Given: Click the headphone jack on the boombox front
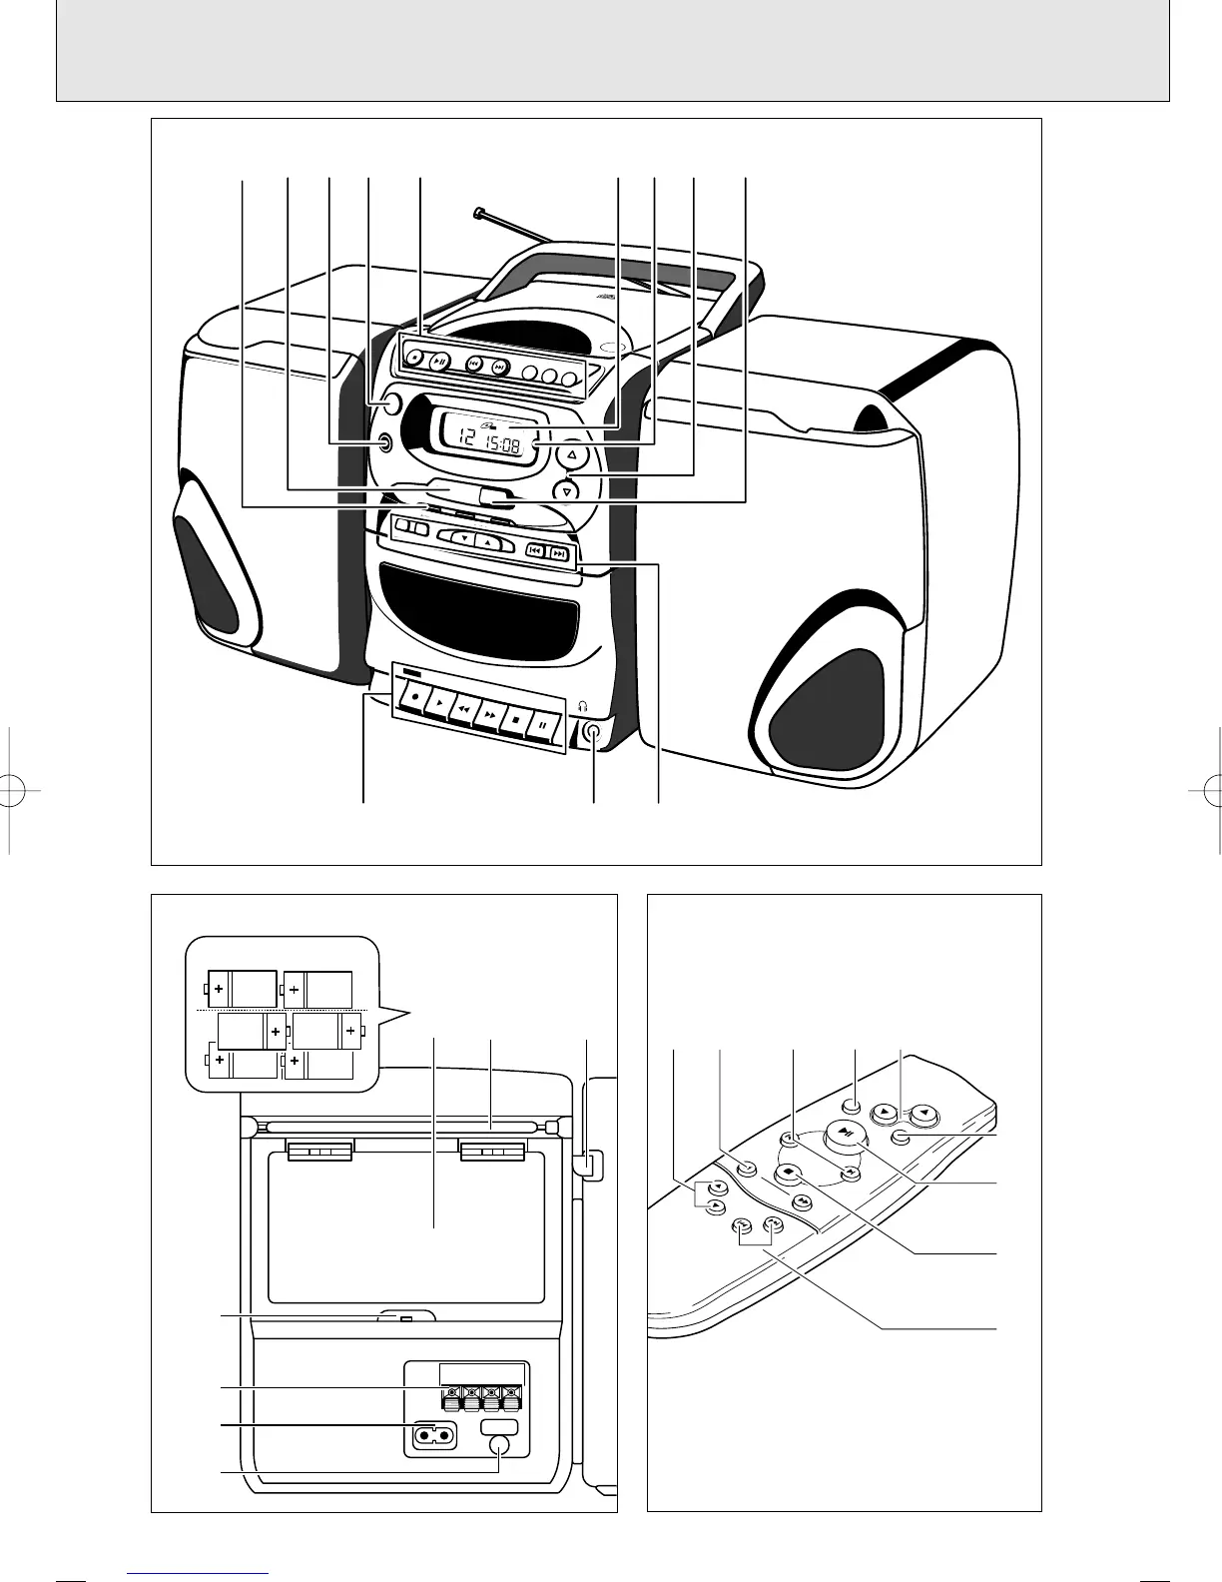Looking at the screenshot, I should click(594, 732).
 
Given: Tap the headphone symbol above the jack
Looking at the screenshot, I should click(587, 706).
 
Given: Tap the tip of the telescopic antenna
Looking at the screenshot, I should click(481, 212).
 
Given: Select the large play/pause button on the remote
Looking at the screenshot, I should click(847, 1132).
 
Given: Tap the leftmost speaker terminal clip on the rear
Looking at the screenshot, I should click(451, 1394).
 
